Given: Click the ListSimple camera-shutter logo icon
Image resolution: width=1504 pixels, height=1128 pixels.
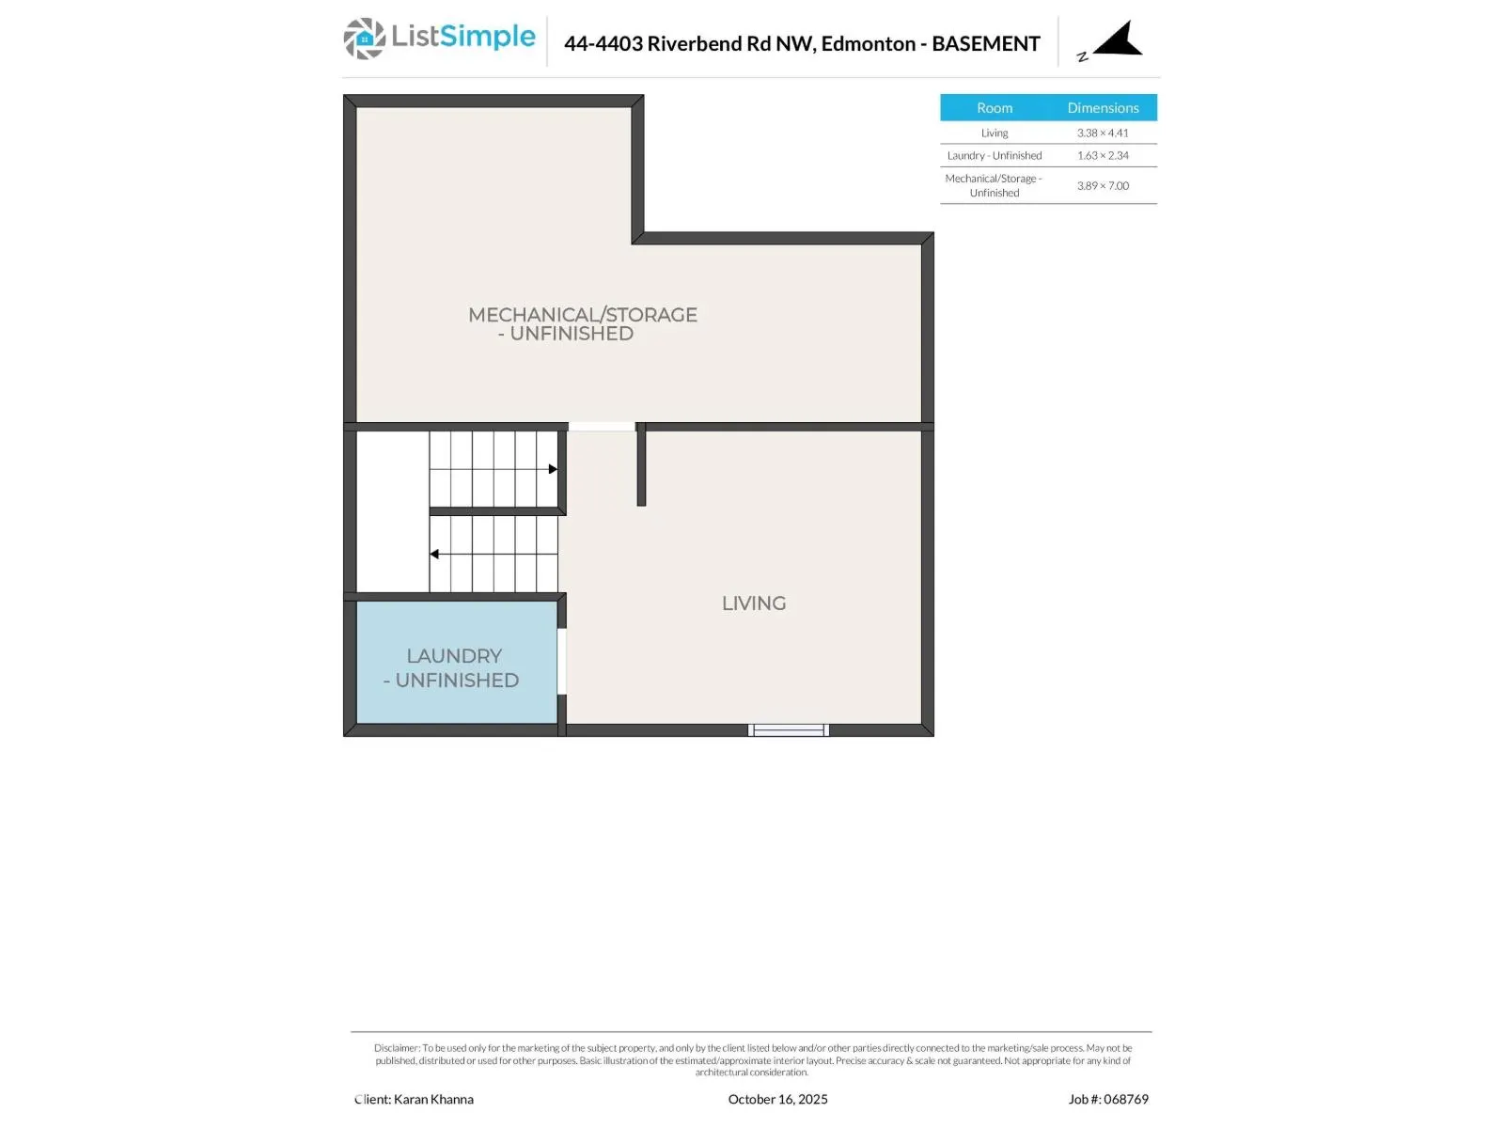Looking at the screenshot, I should [x=364, y=39].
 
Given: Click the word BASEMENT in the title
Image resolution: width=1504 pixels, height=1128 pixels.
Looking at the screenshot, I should [x=985, y=44].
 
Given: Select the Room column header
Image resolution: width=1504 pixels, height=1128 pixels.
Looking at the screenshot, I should [x=994, y=108].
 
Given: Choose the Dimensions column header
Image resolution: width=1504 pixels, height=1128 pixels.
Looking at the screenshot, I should [x=1103, y=108].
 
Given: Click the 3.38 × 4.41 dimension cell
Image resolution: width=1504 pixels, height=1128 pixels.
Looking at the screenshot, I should [x=1103, y=133].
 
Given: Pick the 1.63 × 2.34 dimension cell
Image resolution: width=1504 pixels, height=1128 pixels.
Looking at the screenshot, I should [x=1103, y=156].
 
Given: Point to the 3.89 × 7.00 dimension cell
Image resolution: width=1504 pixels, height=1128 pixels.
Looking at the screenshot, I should [x=1103, y=186].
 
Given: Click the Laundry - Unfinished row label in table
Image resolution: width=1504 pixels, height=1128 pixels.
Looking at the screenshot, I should [x=994, y=156].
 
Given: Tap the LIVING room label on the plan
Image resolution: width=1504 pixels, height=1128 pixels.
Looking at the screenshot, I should [x=753, y=603].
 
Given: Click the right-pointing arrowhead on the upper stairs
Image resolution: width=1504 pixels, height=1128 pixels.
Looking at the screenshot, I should [x=553, y=469].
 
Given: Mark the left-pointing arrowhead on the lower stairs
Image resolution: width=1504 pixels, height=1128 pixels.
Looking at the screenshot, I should [x=434, y=555].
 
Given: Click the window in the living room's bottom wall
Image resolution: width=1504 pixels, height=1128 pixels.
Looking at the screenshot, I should [x=788, y=730].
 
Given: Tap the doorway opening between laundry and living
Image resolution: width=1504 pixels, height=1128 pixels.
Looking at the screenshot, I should [x=562, y=661].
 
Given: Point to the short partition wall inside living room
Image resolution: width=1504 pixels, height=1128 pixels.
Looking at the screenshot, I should [x=641, y=466].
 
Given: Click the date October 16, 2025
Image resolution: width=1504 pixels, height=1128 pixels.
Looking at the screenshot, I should [x=777, y=1099].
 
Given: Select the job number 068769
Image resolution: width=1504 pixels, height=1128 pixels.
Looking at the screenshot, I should [x=1125, y=1099].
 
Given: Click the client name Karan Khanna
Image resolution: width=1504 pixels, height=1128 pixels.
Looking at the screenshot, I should [x=433, y=1099].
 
